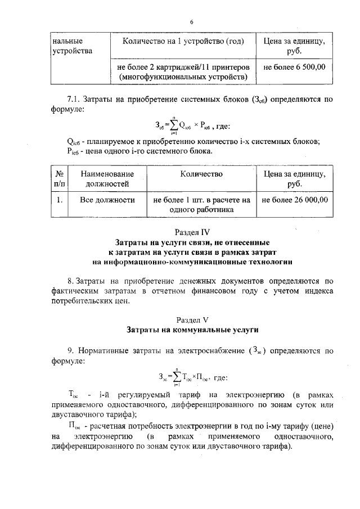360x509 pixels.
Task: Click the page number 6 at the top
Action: click(x=191, y=22)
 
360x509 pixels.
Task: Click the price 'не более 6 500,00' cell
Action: click(x=294, y=66)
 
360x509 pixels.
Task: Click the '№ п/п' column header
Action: click(x=58, y=179)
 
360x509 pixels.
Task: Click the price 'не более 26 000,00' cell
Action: click(x=294, y=200)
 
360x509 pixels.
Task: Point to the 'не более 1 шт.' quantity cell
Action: click(x=201, y=205)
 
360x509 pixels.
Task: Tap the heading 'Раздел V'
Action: click(x=192, y=318)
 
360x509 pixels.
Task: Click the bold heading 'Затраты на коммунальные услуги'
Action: click(x=192, y=328)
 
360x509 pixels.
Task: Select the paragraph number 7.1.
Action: click(x=74, y=100)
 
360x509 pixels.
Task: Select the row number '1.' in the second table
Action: click(x=58, y=200)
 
